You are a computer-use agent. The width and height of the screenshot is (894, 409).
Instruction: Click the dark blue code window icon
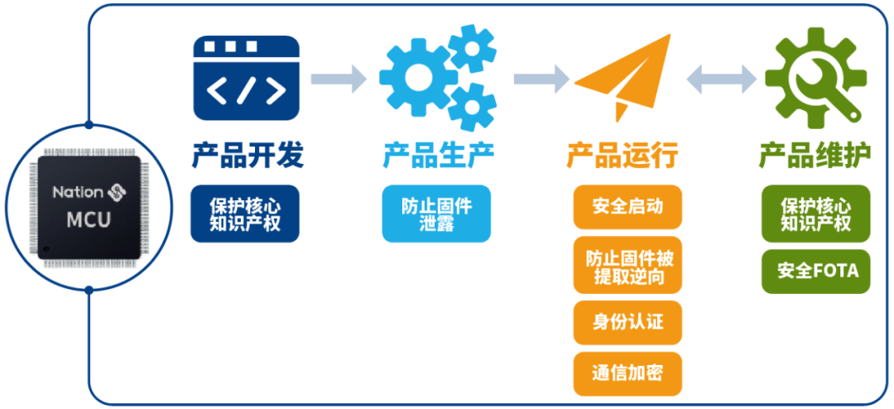(247, 78)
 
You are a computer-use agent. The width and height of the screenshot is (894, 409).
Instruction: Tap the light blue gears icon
(438, 77)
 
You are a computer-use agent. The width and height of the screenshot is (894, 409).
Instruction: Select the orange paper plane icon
(622, 77)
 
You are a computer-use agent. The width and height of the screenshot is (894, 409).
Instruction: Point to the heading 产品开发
(247, 156)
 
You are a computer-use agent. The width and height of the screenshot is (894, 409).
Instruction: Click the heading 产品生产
(438, 156)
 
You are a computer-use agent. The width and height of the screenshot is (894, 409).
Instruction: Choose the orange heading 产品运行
(622, 156)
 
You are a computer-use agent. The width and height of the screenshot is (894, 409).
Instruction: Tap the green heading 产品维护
(815, 156)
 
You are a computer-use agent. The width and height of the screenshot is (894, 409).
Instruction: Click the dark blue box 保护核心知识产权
(245, 214)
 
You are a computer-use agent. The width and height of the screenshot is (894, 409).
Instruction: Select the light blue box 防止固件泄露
(436, 214)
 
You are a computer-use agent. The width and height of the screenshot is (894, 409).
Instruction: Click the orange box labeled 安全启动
(627, 206)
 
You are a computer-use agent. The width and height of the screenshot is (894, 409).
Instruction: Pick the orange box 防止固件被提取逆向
(627, 265)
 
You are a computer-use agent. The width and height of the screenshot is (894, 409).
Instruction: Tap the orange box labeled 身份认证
(627, 323)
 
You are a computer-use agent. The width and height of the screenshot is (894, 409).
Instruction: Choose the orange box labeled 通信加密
(627, 374)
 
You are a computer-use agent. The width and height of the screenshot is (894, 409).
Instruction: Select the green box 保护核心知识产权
(816, 214)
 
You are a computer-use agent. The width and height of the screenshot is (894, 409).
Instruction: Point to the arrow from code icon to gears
(338, 78)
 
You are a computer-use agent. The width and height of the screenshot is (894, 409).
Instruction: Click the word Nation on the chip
(78, 192)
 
